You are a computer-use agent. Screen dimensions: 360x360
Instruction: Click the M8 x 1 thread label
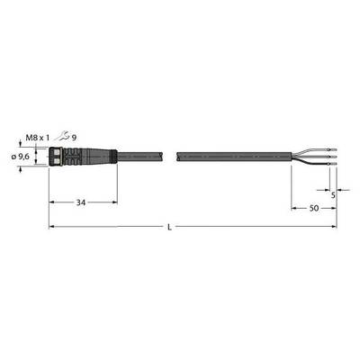click(x=37, y=138)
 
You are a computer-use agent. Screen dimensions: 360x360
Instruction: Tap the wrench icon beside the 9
click(x=61, y=137)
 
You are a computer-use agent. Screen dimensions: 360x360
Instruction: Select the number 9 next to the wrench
click(x=74, y=138)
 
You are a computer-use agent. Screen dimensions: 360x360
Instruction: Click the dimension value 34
click(x=80, y=202)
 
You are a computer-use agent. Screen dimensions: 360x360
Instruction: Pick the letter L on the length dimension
click(x=169, y=228)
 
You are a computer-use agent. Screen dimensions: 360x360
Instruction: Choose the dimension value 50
click(x=314, y=208)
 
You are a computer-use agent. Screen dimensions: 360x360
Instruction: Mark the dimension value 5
click(x=333, y=195)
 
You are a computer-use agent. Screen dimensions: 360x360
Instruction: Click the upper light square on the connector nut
click(x=55, y=151)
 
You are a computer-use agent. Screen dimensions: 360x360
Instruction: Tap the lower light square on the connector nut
click(x=55, y=161)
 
